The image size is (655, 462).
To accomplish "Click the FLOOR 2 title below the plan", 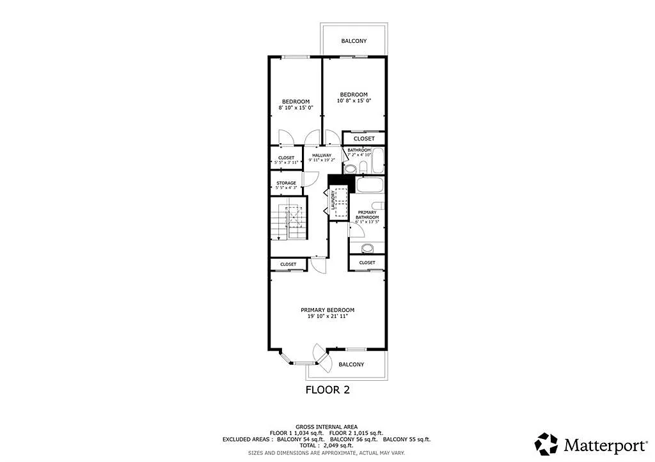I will (327, 389).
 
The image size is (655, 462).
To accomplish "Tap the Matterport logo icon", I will (547, 443).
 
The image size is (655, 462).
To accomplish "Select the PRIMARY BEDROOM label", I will (327, 310).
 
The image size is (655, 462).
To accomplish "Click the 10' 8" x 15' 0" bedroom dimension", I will (354, 101).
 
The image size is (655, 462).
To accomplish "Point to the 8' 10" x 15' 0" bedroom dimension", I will (296, 107).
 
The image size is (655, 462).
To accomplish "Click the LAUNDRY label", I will (334, 201).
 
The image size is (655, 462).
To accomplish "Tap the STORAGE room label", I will (286, 183).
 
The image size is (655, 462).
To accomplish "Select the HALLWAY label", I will (322, 155).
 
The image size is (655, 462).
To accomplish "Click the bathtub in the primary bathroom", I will (368, 186).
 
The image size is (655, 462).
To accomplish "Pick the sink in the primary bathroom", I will (368, 248).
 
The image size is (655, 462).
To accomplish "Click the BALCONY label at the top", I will (354, 41).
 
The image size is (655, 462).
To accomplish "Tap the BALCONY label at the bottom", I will (351, 364).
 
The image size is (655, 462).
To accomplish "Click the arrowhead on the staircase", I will (279, 238).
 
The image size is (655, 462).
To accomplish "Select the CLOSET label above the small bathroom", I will (364, 139).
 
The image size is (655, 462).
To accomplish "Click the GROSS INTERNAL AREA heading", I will (326, 426).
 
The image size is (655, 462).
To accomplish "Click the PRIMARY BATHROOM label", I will (368, 215).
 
